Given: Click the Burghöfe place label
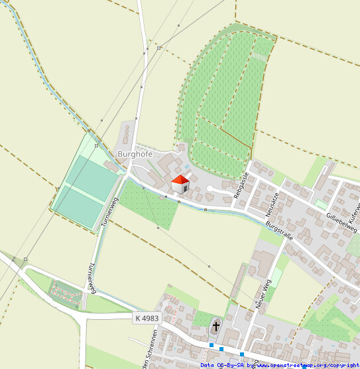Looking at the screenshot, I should [135, 154].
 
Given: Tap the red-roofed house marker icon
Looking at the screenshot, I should [180, 184].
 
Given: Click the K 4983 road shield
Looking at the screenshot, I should [146, 319].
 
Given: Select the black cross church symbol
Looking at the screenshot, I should [215, 327].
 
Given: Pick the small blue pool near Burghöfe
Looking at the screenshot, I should [188, 167].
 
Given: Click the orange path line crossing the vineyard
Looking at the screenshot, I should [225, 133].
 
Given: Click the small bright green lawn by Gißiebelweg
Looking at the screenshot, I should [321, 204].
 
